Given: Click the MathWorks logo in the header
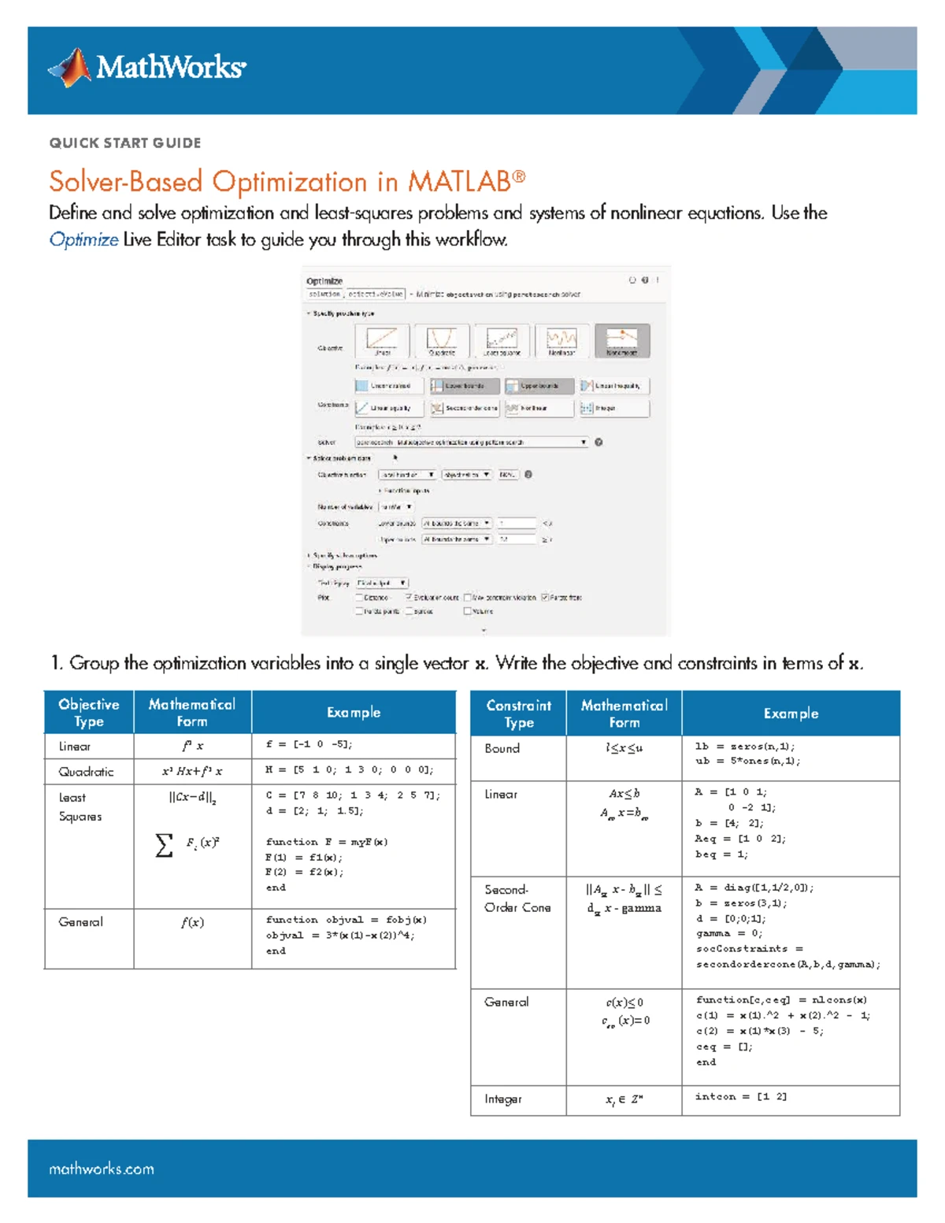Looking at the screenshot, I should (x=147, y=68).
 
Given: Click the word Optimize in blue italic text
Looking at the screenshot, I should (x=83, y=239).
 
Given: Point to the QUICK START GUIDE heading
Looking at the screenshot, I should (x=125, y=143).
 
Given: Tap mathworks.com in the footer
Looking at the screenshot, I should (x=102, y=1169).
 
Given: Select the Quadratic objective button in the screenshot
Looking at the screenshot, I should (x=441, y=340).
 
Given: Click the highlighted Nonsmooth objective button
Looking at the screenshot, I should (x=621, y=340).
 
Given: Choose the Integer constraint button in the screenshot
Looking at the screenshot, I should (x=614, y=408).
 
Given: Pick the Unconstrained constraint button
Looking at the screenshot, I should (x=388, y=386).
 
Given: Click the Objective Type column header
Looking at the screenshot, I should (x=89, y=713).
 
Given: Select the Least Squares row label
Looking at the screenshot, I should (x=80, y=807).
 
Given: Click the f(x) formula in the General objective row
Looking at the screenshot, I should (x=192, y=922).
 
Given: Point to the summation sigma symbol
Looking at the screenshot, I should (x=164, y=845).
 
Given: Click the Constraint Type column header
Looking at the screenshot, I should (x=518, y=713).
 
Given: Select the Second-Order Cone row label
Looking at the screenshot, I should (x=517, y=899).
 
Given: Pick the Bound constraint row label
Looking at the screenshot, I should (x=502, y=748).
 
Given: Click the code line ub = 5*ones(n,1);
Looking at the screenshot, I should (x=747, y=762).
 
